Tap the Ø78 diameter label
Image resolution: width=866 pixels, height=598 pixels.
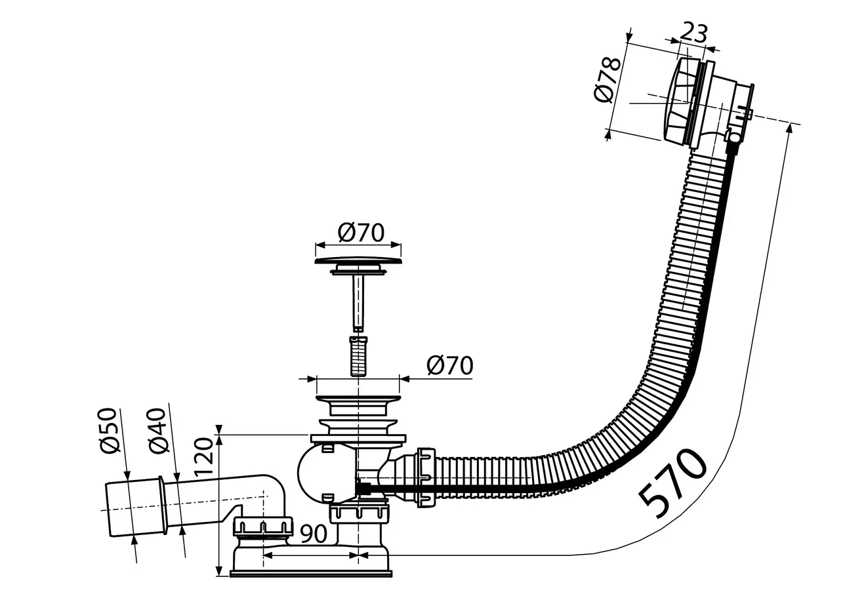(607, 79)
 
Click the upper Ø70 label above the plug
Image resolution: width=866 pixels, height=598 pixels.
(361, 231)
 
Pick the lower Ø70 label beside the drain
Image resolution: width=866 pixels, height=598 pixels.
(449, 365)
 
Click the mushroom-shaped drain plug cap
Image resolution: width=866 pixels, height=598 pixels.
(358, 262)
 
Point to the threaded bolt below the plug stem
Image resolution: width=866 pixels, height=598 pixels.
(358, 355)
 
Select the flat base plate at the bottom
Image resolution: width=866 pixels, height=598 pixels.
(311, 573)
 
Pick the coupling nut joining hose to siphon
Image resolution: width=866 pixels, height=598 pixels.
(425, 477)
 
